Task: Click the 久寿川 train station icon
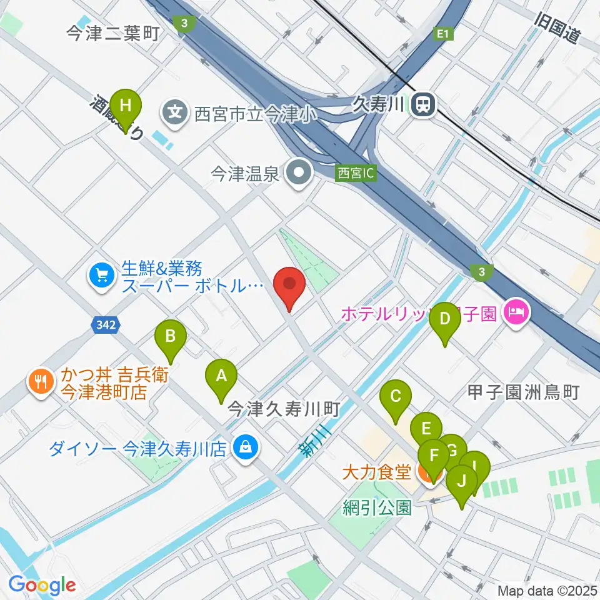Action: tap(424, 104)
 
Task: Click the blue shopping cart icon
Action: tap(101, 276)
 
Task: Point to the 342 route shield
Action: tap(103, 324)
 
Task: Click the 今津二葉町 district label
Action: tap(113, 34)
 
